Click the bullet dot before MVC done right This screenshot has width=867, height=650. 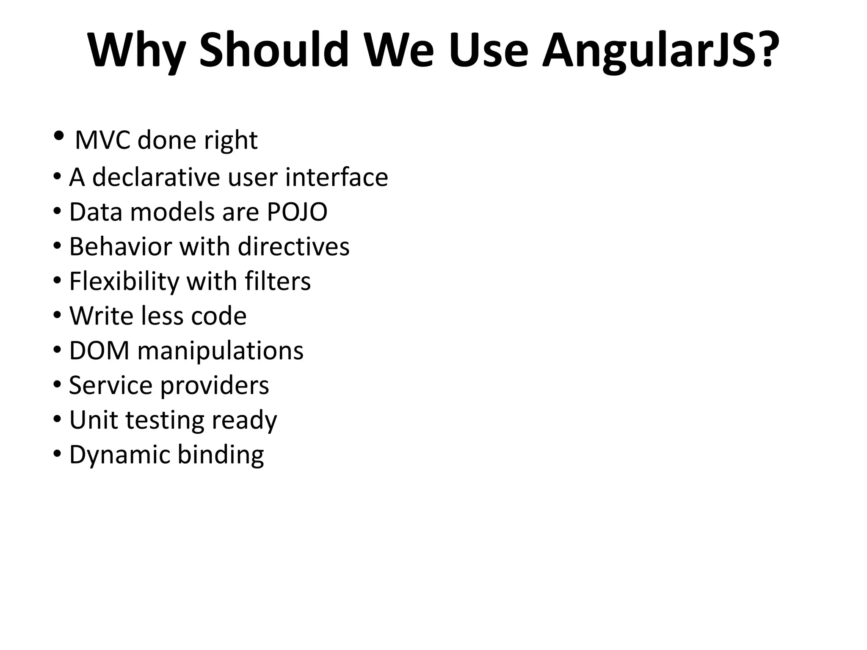coord(59,136)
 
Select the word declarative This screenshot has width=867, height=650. coord(156,177)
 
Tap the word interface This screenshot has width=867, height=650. coord(337,177)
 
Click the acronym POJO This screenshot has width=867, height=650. coord(297,212)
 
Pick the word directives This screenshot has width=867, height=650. coord(294,246)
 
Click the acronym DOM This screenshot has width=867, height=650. coord(99,350)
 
